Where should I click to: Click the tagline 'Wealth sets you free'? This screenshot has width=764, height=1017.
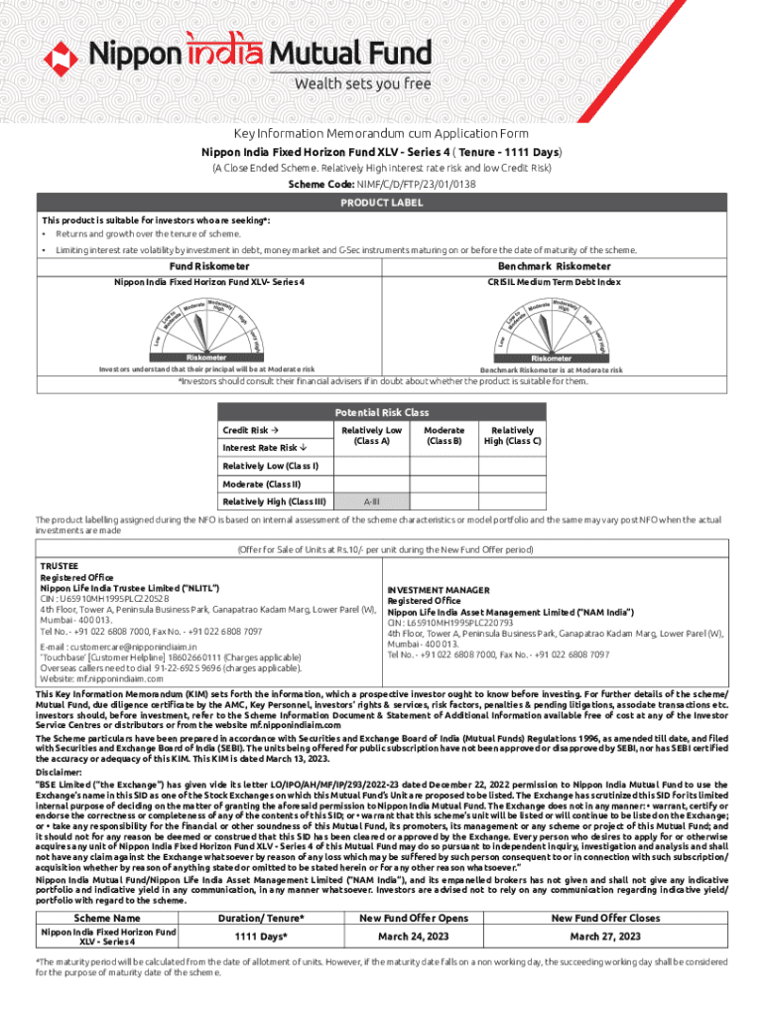click(x=362, y=83)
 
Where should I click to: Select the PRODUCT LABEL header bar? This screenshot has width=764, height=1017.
click(x=382, y=203)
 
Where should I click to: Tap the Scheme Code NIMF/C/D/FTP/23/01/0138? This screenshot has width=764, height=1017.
click(x=409, y=185)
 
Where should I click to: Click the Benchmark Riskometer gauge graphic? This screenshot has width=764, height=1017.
click(x=552, y=329)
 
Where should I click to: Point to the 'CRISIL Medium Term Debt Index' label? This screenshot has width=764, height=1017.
click(x=554, y=282)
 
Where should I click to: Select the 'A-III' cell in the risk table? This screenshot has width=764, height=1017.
click(x=371, y=502)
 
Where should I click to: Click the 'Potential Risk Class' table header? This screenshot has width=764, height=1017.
click(x=381, y=412)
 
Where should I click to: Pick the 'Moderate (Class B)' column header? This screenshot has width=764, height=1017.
click(x=443, y=435)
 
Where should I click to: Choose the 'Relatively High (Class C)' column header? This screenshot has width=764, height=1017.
click(x=511, y=435)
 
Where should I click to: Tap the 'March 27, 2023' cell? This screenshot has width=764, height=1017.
click(x=604, y=937)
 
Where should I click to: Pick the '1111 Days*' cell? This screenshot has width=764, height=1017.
click(x=261, y=937)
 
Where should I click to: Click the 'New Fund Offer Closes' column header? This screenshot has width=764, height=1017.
click(x=605, y=917)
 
